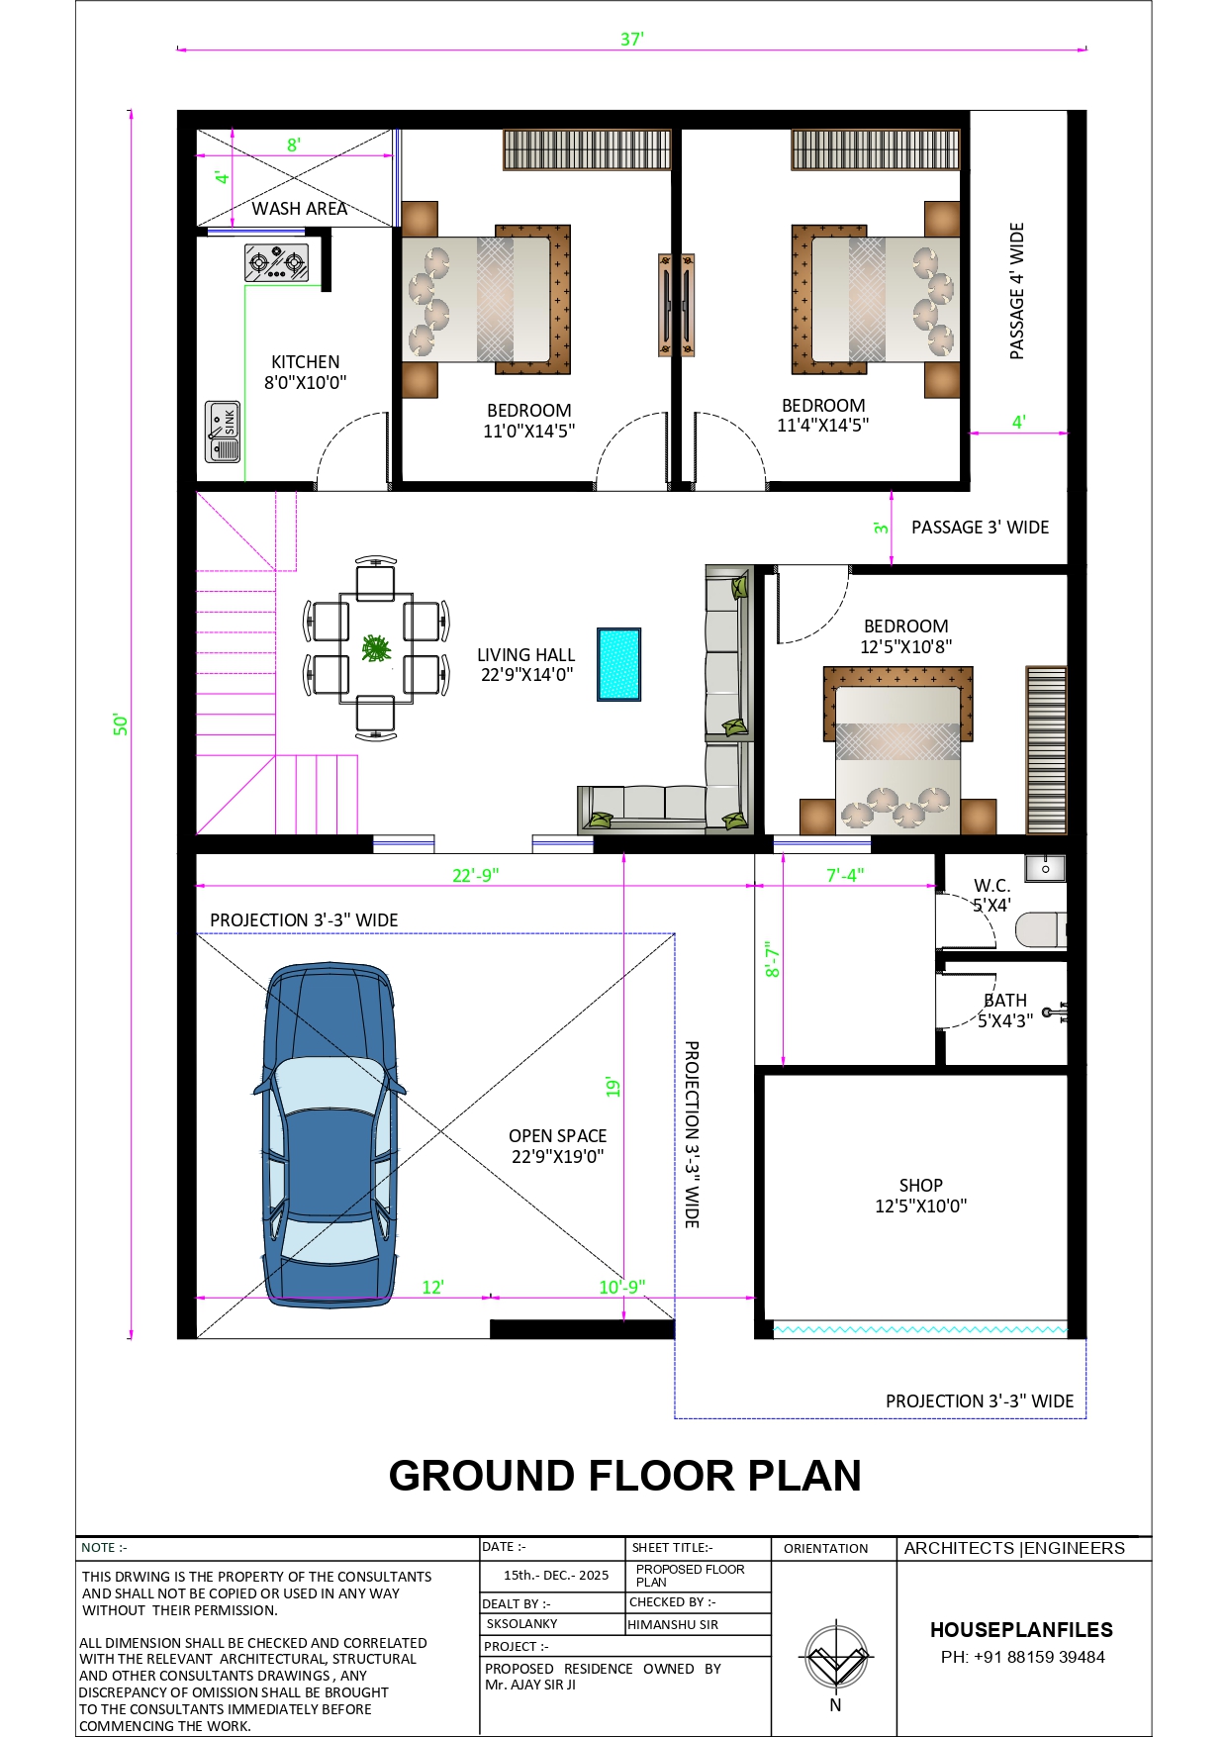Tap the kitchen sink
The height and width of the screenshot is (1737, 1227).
(x=223, y=432)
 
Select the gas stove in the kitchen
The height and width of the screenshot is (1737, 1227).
(x=276, y=263)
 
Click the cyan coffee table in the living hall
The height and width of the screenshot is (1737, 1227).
(x=619, y=664)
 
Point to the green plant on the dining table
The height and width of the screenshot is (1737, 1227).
(x=376, y=648)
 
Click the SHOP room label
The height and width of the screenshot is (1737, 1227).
(x=920, y=1185)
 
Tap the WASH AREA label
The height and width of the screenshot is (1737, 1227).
(x=299, y=208)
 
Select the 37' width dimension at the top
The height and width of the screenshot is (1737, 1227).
(x=632, y=40)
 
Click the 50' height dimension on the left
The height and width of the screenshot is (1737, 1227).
(x=121, y=724)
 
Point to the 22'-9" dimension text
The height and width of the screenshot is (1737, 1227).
(x=476, y=875)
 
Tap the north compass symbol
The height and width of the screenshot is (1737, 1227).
(x=836, y=1657)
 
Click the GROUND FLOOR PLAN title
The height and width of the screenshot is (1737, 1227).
(x=625, y=1475)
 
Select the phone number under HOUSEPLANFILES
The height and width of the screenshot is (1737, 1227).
(x=1022, y=1657)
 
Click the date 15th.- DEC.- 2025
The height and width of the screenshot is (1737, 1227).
(x=556, y=1575)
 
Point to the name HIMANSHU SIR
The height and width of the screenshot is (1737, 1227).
(x=673, y=1624)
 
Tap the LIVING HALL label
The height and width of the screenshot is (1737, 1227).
(x=526, y=654)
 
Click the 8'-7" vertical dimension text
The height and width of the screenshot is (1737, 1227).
(x=773, y=959)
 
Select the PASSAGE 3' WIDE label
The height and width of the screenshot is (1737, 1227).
(x=980, y=528)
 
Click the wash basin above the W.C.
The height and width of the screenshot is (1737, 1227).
(x=1045, y=868)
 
